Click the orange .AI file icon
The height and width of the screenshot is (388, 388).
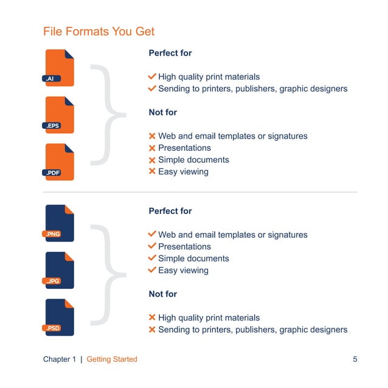coord(60,68)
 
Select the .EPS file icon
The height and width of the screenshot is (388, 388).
coord(60,115)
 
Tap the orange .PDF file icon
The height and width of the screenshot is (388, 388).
coord(60,162)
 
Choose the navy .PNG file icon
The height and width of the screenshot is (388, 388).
coord(60,223)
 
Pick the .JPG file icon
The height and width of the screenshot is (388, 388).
coord(60,270)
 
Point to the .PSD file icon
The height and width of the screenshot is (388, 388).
coord(60,317)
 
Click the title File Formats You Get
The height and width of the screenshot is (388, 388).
coord(99,31)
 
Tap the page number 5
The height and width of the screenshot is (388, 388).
coord(355,359)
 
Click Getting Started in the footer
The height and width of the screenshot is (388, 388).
coord(112,359)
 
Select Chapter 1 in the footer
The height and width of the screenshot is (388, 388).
coord(60,359)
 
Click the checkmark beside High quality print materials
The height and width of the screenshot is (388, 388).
coord(152,77)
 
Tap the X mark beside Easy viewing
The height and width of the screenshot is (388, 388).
coord(152,171)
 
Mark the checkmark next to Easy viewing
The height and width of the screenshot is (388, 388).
coord(152,270)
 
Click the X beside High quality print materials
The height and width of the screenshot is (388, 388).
coord(152,317)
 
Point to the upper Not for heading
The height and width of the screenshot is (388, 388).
coord(163,113)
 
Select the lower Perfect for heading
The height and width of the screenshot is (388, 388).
coord(170,211)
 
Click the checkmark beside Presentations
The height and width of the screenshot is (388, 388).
coord(152,246)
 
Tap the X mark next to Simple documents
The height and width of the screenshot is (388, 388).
coord(152,160)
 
